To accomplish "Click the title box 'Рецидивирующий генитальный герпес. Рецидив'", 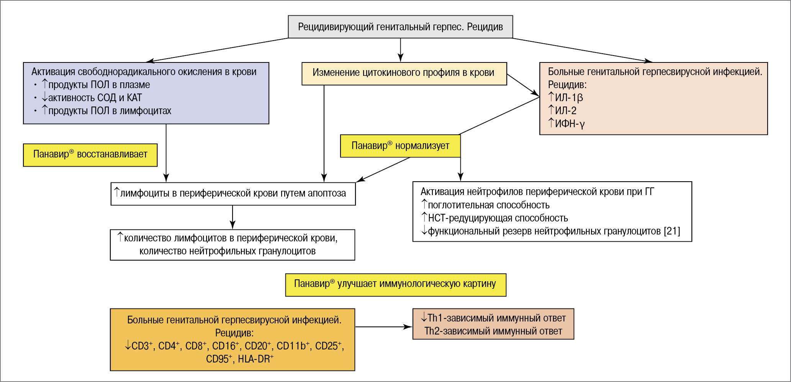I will click(x=400, y=27).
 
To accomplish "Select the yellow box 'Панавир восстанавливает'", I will click(x=90, y=155).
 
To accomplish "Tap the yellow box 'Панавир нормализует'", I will click(x=400, y=146).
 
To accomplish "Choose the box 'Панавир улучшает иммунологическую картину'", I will click(x=395, y=285).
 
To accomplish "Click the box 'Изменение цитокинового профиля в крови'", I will click(x=404, y=73).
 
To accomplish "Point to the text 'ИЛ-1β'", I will click(x=569, y=98).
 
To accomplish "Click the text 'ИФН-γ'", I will click(x=570, y=124).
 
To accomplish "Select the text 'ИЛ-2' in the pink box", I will click(x=566, y=111).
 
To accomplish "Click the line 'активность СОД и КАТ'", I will click(x=95, y=98).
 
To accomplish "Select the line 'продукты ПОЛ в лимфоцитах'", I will click(x=110, y=111).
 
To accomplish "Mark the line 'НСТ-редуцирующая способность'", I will click(x=498, y=218).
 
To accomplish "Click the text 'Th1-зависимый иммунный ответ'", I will click(x=496, y=318).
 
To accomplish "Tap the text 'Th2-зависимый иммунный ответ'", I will click(x=493, y=331).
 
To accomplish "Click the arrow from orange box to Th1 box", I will click(x=383, y=327).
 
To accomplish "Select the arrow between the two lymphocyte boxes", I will click(x=233, y=217).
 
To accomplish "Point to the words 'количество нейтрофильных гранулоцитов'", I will click(x=228, y=251).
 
